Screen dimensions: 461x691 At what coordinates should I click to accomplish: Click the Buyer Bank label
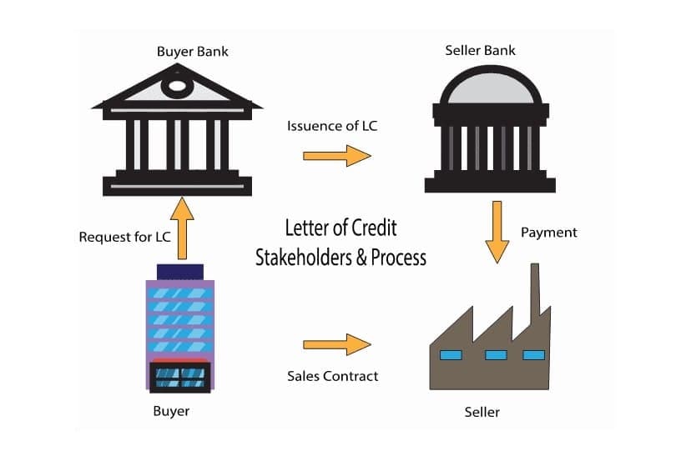(192, 52)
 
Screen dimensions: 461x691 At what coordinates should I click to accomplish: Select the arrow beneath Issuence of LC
(336, 155)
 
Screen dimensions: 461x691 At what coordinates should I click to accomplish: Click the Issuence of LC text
(326, 127)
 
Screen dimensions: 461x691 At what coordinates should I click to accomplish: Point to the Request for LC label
(124, 237)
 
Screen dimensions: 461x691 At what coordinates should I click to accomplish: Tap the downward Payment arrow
(497, 230)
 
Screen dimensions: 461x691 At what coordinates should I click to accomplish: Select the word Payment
(548, 233)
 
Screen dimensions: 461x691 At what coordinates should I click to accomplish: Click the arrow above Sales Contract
(336, 343)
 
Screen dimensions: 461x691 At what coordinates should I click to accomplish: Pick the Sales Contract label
(332, 376)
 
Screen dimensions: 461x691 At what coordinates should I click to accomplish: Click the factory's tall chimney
(533, 288)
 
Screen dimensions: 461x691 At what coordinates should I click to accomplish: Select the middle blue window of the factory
(496, 355)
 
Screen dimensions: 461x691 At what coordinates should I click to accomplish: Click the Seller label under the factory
(482, 412)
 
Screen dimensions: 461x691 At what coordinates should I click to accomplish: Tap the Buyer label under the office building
(171, 411)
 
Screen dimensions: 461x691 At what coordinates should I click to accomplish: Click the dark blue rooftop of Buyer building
(180, 272)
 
